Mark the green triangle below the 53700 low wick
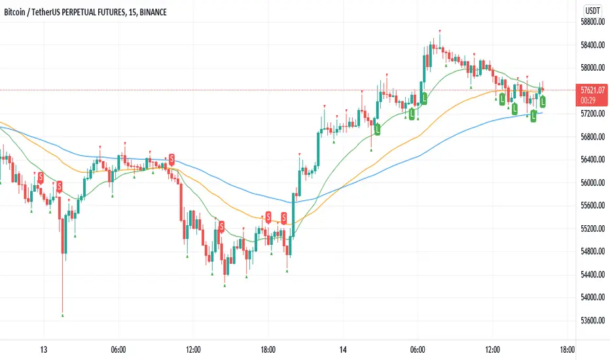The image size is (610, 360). (x=63, y=315)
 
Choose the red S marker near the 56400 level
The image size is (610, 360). (x=171, y=158)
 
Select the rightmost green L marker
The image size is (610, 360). (x=543, y=101)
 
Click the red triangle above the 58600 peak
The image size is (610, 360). (x=440, y=31)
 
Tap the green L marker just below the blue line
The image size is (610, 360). (x=533, y=117)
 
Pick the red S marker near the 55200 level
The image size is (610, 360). (x=222, y=226)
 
